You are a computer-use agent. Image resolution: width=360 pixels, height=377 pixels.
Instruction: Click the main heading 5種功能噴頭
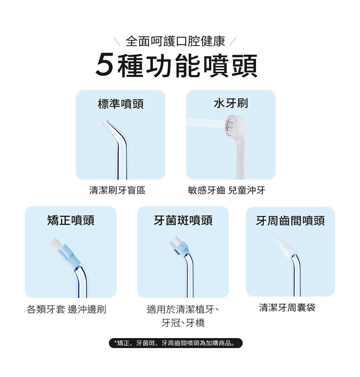tap(176, 65)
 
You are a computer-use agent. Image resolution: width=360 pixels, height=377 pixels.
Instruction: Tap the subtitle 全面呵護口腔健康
tap(175, 41)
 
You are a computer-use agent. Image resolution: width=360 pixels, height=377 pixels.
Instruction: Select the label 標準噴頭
tap(121, 104)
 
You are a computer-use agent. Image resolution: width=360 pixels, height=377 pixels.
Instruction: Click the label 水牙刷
tap(231, 103)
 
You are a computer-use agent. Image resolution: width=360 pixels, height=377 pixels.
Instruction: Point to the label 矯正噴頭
tap(71, 220)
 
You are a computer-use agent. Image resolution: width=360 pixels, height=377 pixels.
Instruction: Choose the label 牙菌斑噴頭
tap(183, 220)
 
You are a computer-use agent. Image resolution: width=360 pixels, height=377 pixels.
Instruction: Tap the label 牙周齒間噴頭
tap(290, 221)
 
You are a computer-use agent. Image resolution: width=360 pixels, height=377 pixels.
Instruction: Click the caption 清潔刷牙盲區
tap(117, 190)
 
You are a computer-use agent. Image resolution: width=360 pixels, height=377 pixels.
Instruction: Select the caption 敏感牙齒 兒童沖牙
tap(226, 190)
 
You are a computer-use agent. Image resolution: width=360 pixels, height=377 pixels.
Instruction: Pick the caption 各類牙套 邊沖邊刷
tap(66, 309)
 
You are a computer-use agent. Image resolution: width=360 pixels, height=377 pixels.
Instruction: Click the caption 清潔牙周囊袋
tap(287, 307)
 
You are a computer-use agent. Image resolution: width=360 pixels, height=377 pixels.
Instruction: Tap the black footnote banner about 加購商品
tap(176, 343)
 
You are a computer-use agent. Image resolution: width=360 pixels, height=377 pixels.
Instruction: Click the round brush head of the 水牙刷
tap(232, 125)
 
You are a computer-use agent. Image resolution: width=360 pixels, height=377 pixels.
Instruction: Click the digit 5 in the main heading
tap(105, 65)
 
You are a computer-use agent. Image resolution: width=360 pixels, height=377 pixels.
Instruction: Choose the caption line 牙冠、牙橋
tap(183, 323)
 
